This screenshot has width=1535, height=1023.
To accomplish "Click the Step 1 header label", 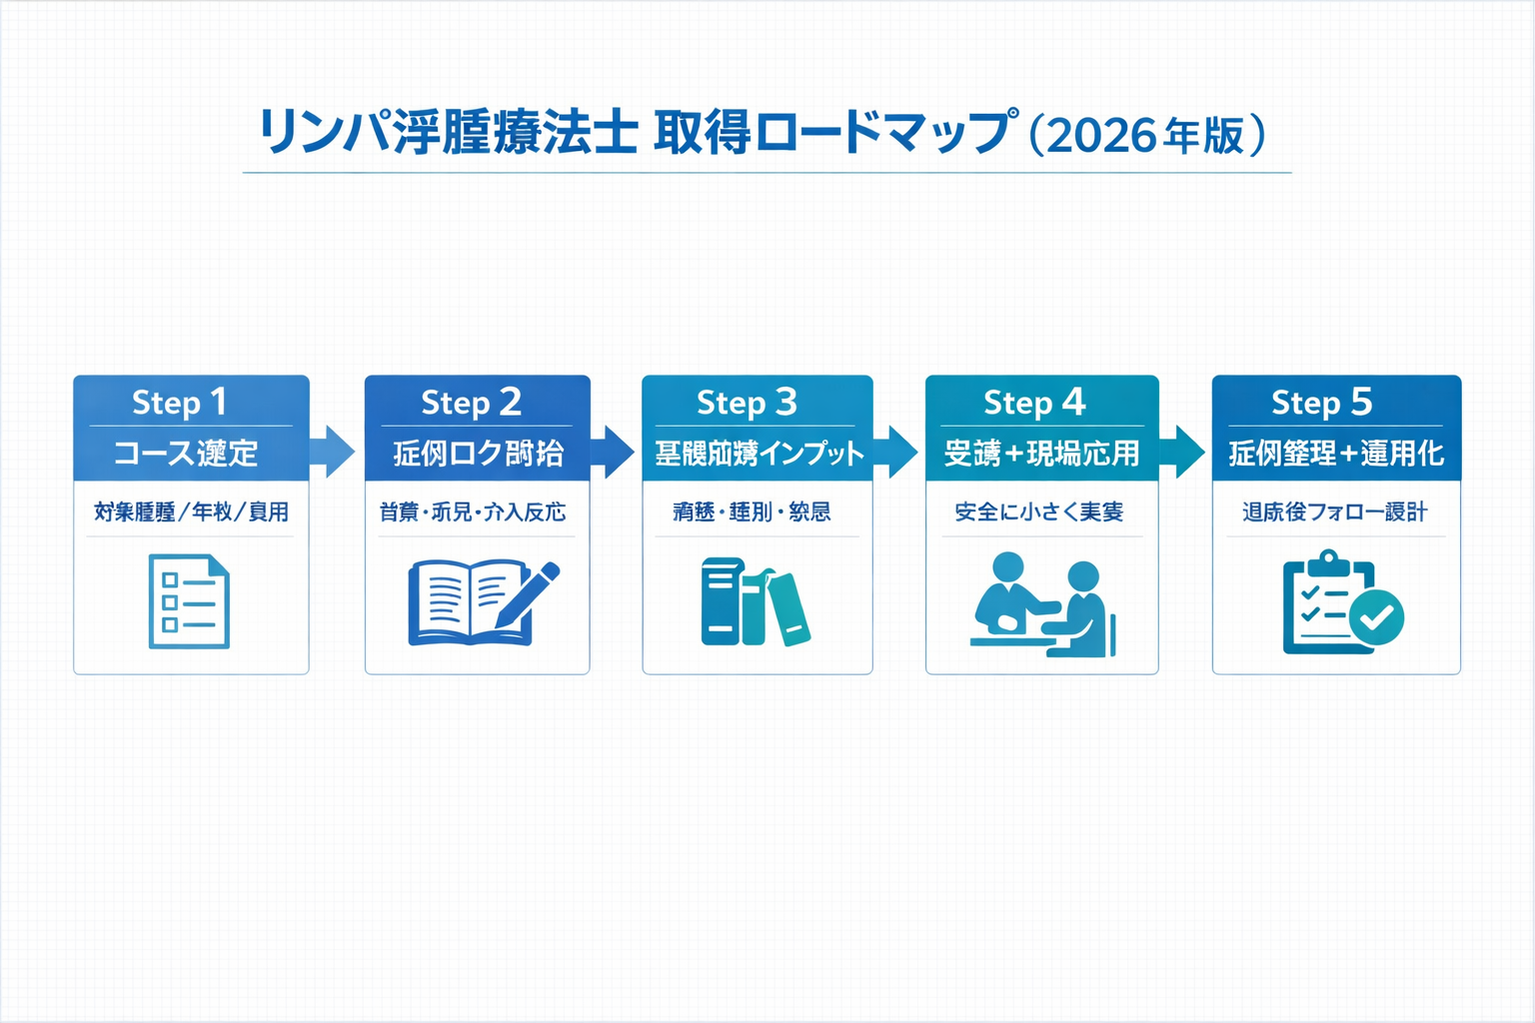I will (x=180, y=402).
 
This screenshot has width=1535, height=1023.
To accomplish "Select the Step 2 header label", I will (x=471, y=402).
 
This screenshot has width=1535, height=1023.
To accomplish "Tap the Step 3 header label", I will (x=747, y=402).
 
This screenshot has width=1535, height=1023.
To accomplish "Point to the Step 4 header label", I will (x=1034, y=402).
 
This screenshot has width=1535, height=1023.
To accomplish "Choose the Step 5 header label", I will (x=1321, y=402).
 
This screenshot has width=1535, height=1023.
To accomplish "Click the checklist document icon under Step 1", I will (x=189, y=601).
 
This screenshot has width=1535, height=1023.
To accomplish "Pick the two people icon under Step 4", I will (x=1042, y=604).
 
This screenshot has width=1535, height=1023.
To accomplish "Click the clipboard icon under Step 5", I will (x=1329, y=602).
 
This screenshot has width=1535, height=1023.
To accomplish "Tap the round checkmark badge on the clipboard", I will (x=1376, y=616).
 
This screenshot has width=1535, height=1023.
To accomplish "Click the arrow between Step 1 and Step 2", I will (x=333, y=452).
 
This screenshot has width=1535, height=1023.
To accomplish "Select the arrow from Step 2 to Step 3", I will (x=613, y=452).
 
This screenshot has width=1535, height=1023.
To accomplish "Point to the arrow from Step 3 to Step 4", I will (x=896, y=452).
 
